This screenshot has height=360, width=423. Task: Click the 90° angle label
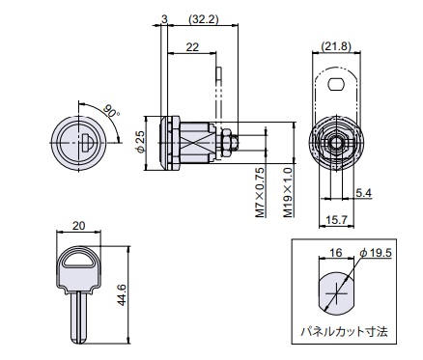point(111,112)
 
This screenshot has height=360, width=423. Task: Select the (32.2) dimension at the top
point(203,19)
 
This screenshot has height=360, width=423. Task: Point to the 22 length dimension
point(192,47)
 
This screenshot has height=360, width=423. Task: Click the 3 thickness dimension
point(164,19)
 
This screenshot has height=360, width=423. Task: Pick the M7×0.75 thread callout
point(260,192)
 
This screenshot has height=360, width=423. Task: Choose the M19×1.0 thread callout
point(288,192)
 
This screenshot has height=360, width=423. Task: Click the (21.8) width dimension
point(336,46)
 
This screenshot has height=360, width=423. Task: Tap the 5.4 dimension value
point(364,193)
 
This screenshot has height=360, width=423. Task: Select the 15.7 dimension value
point(336,220)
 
